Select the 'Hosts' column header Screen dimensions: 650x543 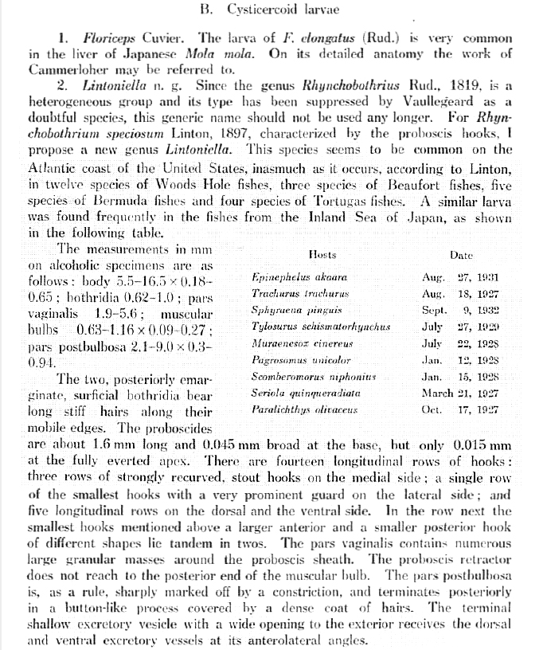(x=322, y=255)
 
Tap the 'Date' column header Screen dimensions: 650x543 (x=461, y=256)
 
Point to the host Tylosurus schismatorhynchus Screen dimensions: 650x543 (x=320, y=327)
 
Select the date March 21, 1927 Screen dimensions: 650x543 (x=461, y=393)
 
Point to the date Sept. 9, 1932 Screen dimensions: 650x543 (x=461, y=310)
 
